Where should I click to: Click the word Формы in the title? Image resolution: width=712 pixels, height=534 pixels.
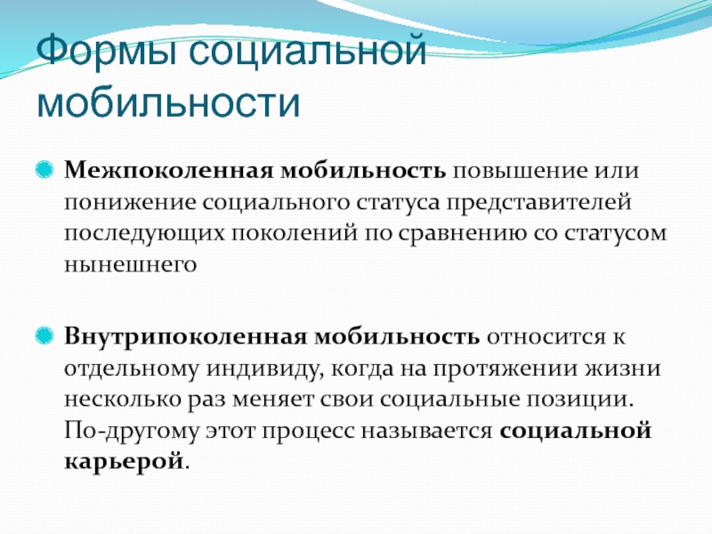[x=107, y=51]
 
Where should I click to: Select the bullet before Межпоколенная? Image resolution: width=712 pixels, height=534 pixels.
[x=44, y=169]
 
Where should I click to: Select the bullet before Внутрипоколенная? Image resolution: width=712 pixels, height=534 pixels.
[x=44, y=336]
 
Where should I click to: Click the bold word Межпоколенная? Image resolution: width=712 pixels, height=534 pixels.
[x=169, y=170]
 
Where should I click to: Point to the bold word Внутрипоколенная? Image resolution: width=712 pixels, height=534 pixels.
[x=186, y=337]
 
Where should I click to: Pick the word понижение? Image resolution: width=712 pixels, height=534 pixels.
[x=130, y=203]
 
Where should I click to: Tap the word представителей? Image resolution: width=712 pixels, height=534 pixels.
[x=538, y=203]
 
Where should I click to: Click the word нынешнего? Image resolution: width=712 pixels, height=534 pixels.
[x=130, y=263]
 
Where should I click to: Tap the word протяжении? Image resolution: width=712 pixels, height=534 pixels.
[x=505, y=369]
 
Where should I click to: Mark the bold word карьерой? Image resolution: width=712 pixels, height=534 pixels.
[x=124, y=462]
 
